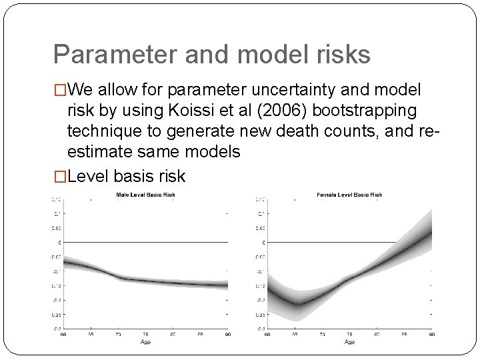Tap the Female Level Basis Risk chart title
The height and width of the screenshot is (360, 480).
(x=350, y=195)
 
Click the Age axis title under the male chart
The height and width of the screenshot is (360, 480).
(x=145, y=341)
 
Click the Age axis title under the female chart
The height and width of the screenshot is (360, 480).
(x=349, y=341)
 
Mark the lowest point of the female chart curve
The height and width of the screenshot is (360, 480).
(x=299, y=304)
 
